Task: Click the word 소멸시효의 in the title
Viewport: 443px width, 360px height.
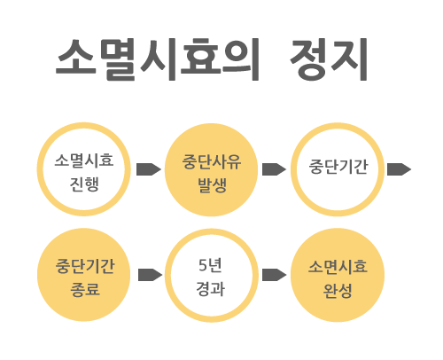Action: (x=157, y=59)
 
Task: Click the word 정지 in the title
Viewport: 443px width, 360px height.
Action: (x=329, y=59)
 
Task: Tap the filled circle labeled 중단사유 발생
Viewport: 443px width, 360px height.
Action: (x=211, y=169)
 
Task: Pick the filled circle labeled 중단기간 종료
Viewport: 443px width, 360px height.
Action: (x=84, y=275)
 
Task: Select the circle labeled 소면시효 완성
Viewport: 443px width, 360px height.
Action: (x=338, y=275)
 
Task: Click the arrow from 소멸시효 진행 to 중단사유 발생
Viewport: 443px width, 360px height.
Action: (x=149, y=169)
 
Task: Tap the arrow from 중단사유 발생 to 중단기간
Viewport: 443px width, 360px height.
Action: (x=274, y=169)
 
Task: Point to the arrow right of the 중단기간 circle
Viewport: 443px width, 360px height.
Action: (x=399, y=169)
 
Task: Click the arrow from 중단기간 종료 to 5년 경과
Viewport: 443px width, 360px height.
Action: (x=150, y=275)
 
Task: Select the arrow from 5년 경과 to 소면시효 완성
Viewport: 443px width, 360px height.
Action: (x=274, y=275)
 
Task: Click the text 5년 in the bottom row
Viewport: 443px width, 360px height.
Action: (x=210, y=265)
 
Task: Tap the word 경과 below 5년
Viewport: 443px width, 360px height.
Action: (x=210, y=289)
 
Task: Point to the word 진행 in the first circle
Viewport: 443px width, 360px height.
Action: (x=84, y=184)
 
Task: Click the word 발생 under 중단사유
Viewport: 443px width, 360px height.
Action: (x=212, y=185)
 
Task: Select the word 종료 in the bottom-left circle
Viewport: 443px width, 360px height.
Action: (x=85, y=289)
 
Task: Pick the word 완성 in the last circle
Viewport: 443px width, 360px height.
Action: (x=338, y=291)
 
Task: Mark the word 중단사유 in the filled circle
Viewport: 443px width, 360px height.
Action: (x=212, y=162)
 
